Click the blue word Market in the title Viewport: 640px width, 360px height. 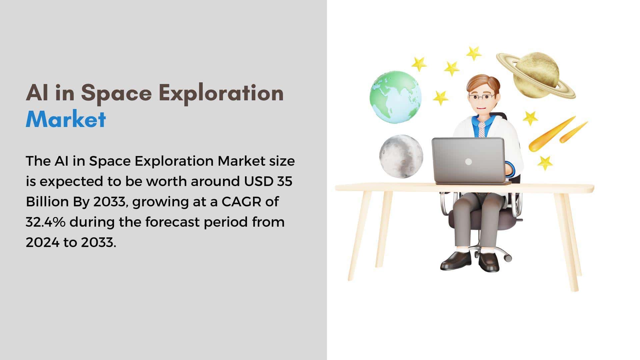66,119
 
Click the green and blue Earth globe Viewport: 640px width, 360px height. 396,97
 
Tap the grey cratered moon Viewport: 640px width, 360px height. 401,156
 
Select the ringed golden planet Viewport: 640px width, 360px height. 536,75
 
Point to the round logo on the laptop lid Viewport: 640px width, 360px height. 468,162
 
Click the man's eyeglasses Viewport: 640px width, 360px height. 482,97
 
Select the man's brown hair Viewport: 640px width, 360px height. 483,83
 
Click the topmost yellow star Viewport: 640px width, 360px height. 473,53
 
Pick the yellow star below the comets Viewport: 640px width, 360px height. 545,163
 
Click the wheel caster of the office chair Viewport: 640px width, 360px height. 507,258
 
